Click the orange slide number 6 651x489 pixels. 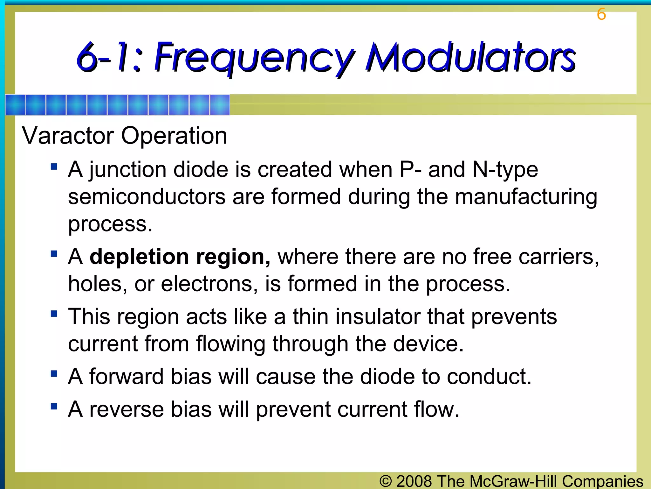601,14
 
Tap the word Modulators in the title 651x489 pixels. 470,57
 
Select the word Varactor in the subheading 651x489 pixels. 68,136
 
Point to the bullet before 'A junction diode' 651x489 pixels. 54,167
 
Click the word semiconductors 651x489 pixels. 147,197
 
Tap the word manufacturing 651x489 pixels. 526,197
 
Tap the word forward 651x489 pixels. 126,376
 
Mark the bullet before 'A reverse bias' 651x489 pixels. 54,407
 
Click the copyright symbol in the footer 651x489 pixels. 386,481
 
